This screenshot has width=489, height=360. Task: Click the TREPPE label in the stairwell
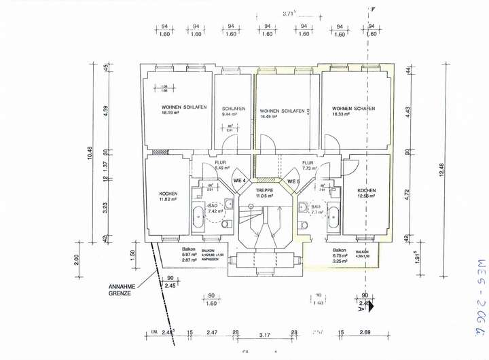tap(264, 190)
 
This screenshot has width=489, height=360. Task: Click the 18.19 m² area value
tap(169, 113)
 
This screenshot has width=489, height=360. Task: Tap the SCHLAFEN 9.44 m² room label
tap(233, 109)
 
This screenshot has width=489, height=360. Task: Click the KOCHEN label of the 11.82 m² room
tap(168, 193)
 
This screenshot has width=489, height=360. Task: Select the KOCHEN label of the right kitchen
tap(367, 190)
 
